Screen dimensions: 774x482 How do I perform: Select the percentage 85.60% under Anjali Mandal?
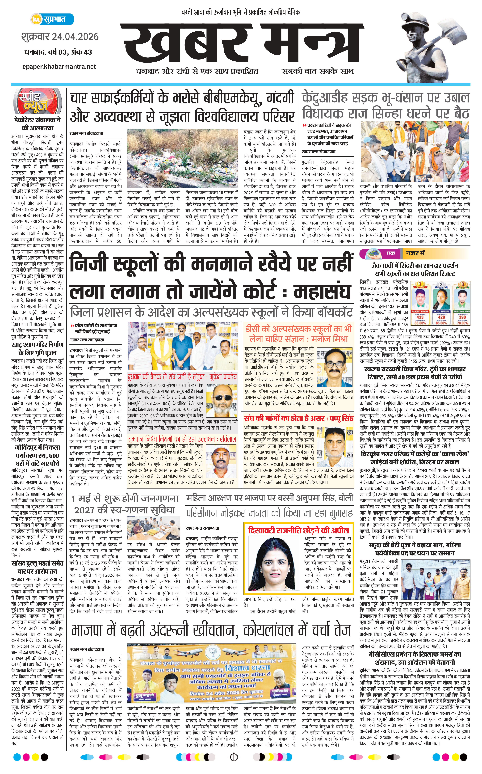coord(441,323)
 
